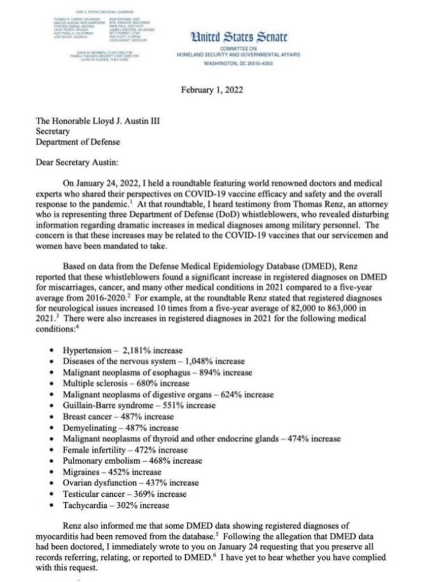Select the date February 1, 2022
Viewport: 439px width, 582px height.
219,90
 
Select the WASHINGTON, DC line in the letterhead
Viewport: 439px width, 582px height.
237,62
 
